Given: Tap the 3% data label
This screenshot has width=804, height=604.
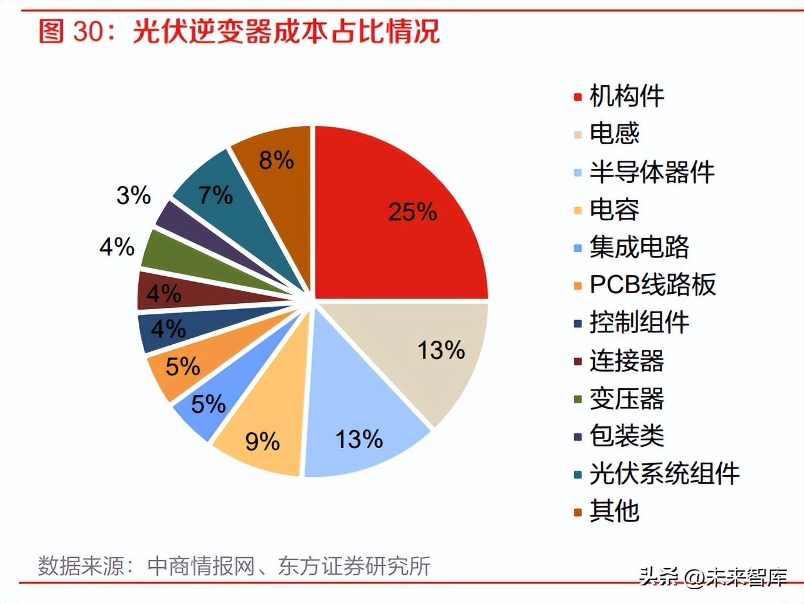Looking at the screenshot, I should click(134, 195).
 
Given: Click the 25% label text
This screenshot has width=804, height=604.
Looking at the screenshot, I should click(413, 212).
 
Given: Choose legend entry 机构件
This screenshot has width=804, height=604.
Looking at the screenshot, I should click(626, 96).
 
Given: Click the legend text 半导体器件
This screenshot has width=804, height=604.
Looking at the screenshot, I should click(652, 172).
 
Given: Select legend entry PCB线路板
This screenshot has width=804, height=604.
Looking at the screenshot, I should click(652, 285).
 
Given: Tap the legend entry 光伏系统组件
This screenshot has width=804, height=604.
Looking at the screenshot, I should click(665, 474).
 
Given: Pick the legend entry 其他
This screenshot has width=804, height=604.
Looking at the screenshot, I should click(614, 511).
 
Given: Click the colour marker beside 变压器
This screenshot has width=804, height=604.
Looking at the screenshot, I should click(578, 399).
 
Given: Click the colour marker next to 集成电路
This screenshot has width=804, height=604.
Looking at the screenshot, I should click(578, 248).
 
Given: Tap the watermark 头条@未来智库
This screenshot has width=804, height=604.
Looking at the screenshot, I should click(713, 577).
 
